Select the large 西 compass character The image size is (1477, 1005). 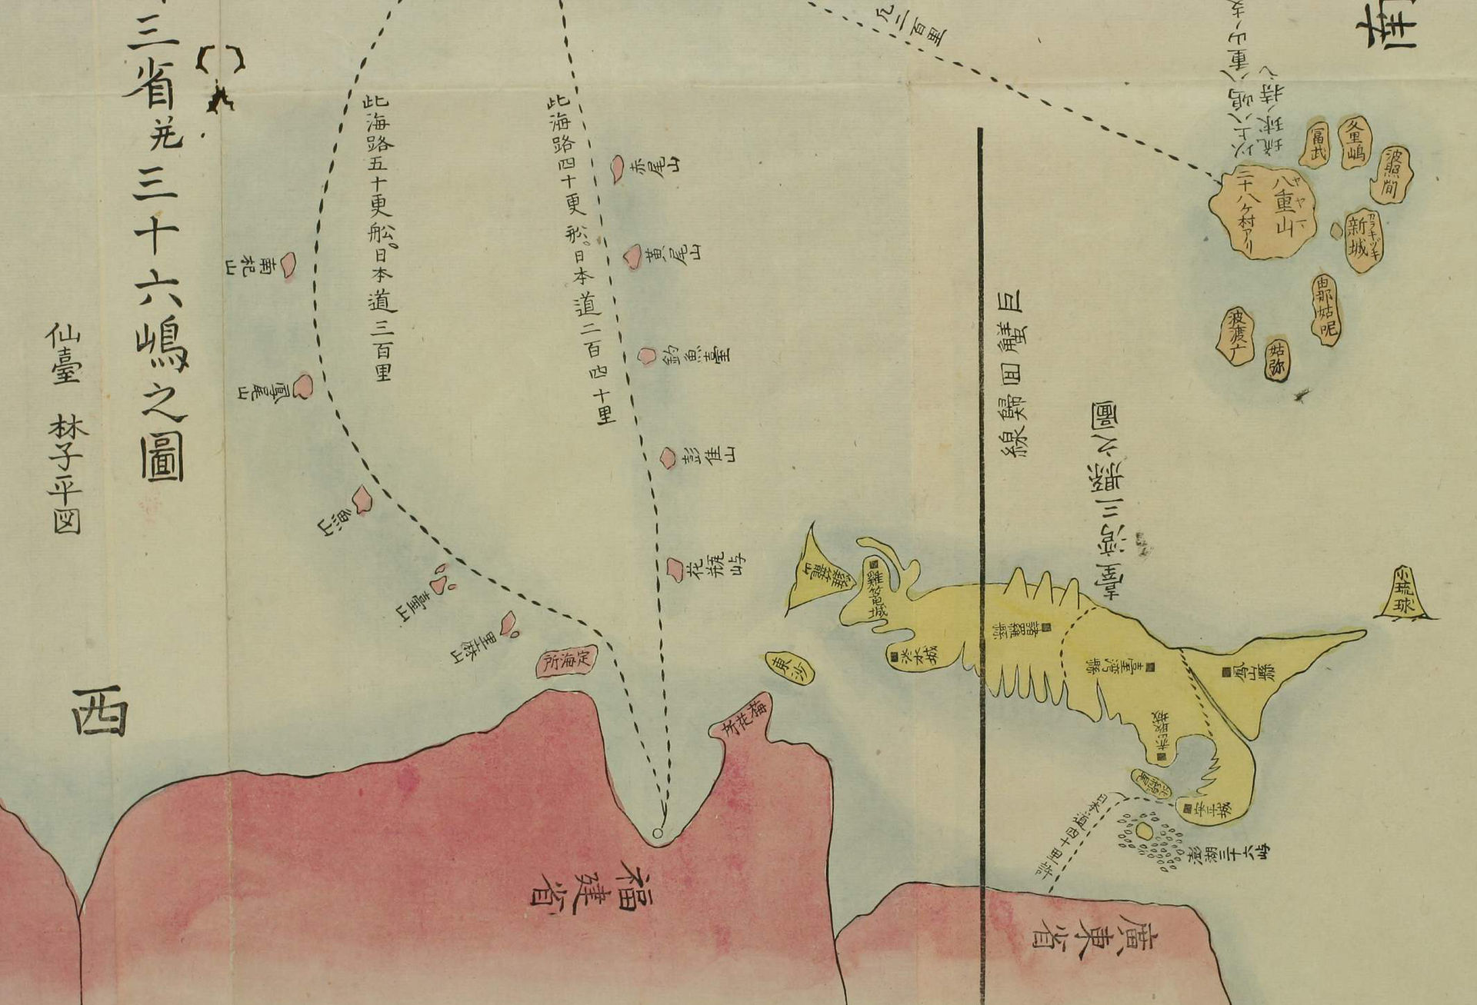coord(99,711)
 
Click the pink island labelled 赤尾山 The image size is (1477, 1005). coord(617,168)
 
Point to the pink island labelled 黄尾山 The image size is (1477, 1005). coord(632,256)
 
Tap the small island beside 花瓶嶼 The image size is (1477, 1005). coord(675,569)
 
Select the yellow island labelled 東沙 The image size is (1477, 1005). coord(789,668)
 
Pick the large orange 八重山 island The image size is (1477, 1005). coord(1262,211)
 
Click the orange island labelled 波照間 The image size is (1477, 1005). coord(1390,176)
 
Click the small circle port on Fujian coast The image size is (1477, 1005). coord(656,834)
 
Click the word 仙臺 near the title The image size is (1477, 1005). coord(65,354)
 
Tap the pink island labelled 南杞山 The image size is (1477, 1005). coord(287,265)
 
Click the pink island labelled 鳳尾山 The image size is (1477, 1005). coord(303,386)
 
